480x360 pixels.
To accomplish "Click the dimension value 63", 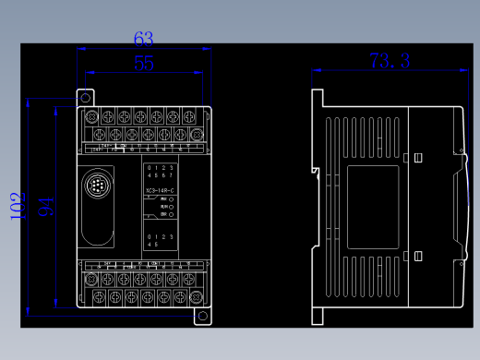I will coord(143,39).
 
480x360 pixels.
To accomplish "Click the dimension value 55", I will coord(144,63).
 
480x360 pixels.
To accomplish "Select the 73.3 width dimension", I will coord(390,61).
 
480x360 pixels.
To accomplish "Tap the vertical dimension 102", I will coord(17,206).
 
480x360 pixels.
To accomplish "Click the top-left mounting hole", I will coord(85,96).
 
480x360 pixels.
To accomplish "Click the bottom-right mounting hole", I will coord(202,316).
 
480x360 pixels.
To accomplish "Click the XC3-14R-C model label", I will coord(161,191).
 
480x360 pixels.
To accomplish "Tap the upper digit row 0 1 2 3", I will coord(161,167).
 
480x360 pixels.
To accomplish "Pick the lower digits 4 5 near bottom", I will coord(152,245).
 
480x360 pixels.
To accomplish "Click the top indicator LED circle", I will coord(173,199).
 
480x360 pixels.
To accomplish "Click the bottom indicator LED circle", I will coord(173,215).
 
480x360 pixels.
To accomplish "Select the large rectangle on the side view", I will coord(372,208).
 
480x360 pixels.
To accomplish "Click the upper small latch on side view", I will coord(416,158).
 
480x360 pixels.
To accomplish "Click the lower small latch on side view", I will coord(416,256).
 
